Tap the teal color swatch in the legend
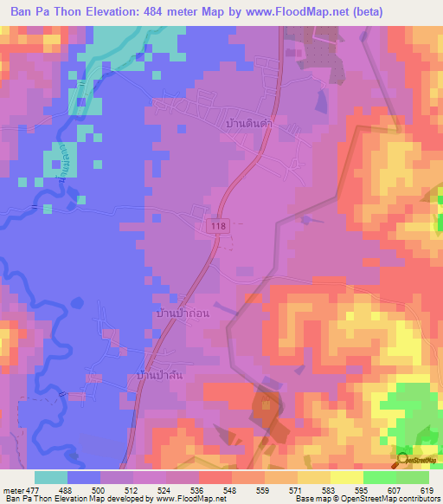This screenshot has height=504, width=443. point(51,477)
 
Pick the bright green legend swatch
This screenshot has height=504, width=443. point(379,477)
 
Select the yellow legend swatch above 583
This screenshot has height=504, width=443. point(346,477)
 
